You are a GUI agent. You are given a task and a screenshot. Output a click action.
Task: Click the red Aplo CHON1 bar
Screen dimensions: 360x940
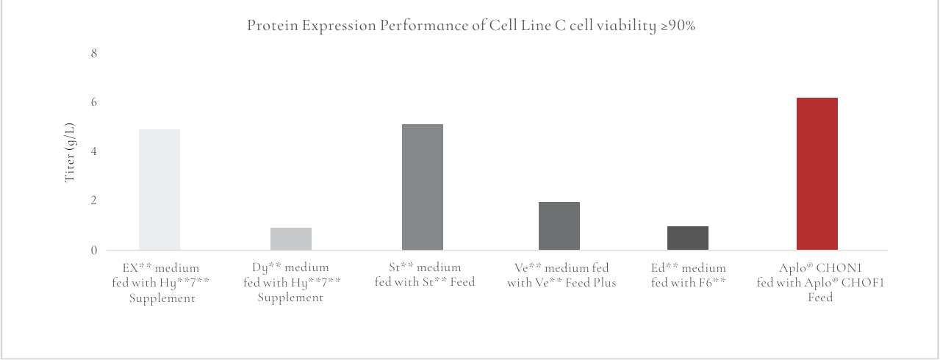click(817, 174)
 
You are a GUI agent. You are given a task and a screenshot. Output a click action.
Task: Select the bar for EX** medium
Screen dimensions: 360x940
click(159, 190)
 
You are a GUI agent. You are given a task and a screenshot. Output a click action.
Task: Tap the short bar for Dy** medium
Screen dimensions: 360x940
click(291, 239)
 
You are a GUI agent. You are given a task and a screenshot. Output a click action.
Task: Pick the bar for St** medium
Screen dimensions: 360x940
click(423, 187)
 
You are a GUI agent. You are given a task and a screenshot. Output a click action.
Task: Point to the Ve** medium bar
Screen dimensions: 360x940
click(559, 226)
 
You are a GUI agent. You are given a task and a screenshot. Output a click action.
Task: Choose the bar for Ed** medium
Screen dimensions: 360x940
click(688, 238)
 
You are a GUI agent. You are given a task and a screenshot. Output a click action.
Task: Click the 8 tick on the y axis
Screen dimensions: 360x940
click(94, 54)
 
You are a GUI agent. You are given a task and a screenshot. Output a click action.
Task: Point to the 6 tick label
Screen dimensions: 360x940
click(94, 102)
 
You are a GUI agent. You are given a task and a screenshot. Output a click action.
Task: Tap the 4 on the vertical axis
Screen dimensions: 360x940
click(94, 151)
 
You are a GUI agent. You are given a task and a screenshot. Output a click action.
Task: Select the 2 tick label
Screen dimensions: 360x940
click(94, 201)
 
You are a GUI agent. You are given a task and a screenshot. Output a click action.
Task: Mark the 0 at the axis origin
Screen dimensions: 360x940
click(94, 251)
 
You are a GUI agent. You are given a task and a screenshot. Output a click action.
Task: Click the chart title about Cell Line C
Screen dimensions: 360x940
click(470, 26)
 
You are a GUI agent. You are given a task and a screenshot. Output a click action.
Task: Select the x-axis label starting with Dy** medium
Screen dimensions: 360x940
click(291, 283)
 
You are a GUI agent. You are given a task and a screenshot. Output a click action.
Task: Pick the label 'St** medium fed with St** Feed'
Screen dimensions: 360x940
click(425, 275)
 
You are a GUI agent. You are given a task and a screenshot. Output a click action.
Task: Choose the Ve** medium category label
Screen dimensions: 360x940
click(562, 275)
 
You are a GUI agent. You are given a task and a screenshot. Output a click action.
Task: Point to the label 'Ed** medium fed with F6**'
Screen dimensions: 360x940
click(689, 275)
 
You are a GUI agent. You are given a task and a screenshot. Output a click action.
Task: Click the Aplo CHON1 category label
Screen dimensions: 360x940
click(820, 283)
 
